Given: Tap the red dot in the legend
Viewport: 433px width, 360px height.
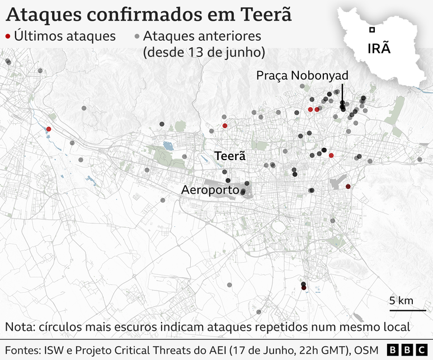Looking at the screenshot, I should (7, 36).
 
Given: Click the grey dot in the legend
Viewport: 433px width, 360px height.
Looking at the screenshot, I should (138, 36).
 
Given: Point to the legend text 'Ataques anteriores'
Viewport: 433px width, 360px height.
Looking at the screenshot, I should (203, 36).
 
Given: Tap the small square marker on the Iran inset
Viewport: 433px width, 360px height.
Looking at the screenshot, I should (371, 30).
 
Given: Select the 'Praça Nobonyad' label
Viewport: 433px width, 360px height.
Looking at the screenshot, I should (302, 75).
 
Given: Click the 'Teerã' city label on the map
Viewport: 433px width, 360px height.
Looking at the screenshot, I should (230, 157).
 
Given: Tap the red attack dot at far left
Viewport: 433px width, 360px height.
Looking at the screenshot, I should (49, 129).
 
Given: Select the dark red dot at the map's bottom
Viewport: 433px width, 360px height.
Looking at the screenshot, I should (304, 287).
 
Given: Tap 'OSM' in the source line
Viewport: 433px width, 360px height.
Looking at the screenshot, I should (365, 350).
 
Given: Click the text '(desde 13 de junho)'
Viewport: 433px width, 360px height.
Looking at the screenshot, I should (204, 53).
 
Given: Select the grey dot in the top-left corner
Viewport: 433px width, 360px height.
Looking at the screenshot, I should (8, 62).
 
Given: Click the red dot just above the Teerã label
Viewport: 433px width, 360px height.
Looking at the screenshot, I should (225, 126).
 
